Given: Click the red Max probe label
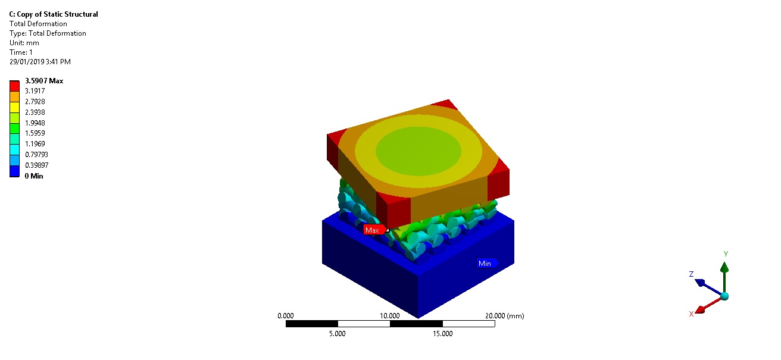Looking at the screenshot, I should click(373, 230).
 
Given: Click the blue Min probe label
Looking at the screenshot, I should click(485, 263).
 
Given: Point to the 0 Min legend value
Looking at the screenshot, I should click(33, 176).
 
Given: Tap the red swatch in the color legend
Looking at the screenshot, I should click(15, 86).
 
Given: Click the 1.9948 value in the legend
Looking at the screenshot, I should click(35, 123).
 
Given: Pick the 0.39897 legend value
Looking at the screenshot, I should click(37, 165).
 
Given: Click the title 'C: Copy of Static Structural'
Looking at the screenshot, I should click(54, 14).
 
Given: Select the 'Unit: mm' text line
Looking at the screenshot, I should click(24, 43).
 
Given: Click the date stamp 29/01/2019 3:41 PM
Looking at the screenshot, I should click(40, 62).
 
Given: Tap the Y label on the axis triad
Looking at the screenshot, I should click(726, 254).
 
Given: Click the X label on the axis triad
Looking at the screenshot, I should click(691, 314).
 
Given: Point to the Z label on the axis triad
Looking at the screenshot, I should click(691, 274).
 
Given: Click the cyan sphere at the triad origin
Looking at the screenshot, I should click(724, 296).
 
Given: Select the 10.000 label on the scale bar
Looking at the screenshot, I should click(390, 316).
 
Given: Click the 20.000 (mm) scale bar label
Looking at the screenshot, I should click(504, 316).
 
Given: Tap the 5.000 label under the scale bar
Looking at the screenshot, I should click(338, 334).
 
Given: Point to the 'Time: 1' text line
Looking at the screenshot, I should click(21, 52).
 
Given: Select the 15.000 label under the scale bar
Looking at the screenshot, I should click(442, 334).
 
